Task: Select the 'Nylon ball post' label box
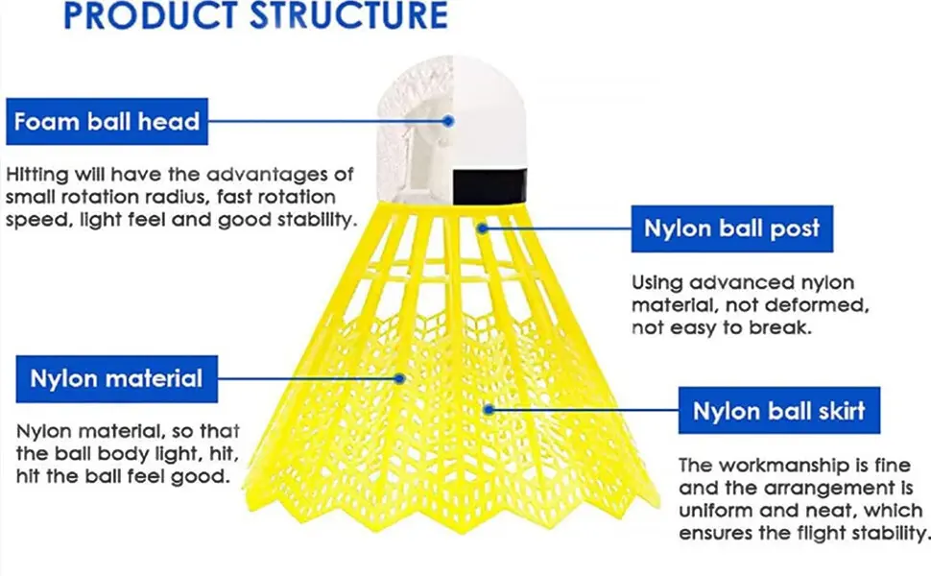coord(731,228)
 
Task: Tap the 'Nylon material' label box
coord(116,378)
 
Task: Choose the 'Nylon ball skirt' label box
coord(779,411)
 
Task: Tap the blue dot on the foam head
coord(448,121)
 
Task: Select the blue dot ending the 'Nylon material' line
coord(404,377)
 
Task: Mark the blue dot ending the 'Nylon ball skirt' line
coord(489,409)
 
